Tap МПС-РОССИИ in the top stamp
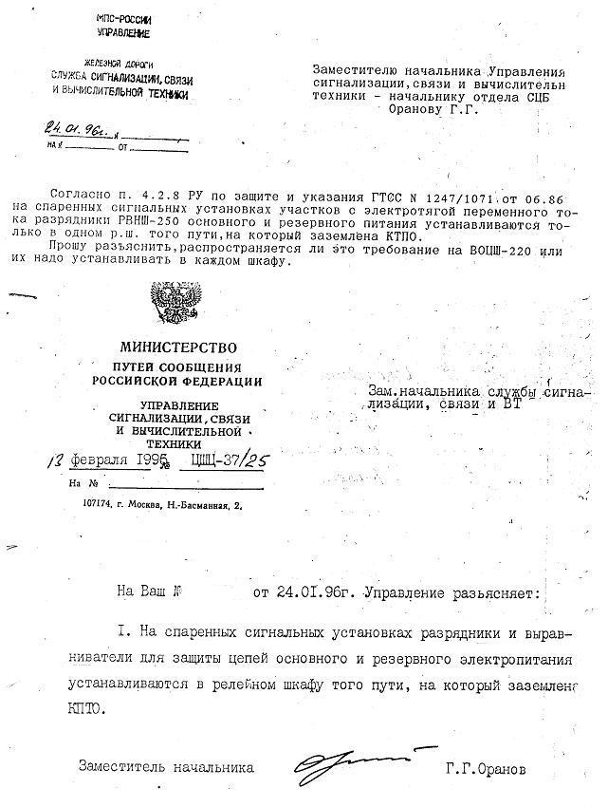[124, 19]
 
